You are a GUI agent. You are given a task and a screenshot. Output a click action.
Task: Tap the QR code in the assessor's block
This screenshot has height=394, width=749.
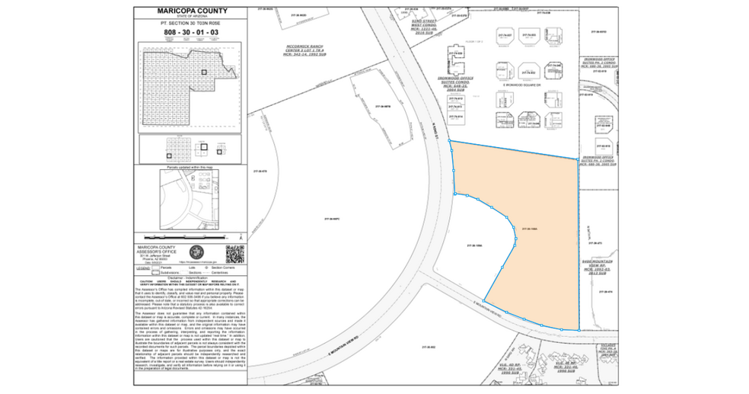click(x=234, y=253)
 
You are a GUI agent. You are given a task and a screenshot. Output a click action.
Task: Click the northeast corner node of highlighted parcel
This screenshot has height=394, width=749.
click(x=576, y=159)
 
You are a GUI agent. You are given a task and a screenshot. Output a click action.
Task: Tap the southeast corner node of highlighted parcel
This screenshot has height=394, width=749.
click(x=578, y=330)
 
